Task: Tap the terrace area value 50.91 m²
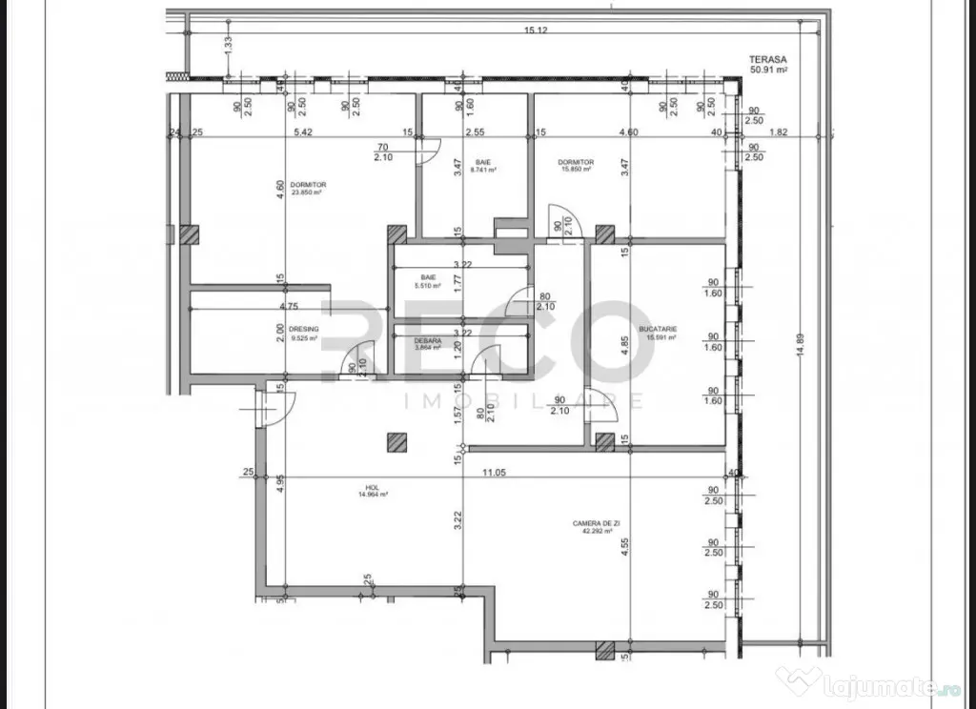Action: tap(769, 70)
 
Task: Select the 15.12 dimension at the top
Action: tap(536, 30)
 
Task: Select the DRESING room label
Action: tap(305, 329)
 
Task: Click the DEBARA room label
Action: tap(427, 340)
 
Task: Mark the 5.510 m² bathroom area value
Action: tap(427, 285)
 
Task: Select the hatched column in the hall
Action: tap(397, 440)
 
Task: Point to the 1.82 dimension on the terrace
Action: tap(778, 132)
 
